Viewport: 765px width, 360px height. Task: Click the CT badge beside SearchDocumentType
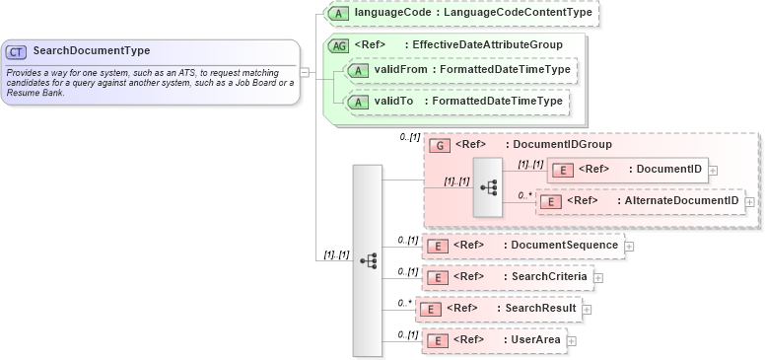[17, 51]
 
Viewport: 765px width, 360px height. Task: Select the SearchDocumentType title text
[92, 51]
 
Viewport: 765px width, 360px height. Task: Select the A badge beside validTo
[360, 102]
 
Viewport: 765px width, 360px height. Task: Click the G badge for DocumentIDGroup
[441, 145]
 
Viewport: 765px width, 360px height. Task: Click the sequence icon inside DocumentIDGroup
[487, 186]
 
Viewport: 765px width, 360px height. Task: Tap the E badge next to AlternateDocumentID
[553, 201]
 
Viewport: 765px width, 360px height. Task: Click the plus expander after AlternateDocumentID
[750, 201]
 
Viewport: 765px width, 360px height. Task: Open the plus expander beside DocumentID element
[713, 171]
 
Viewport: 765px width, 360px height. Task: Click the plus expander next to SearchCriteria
[598, 278]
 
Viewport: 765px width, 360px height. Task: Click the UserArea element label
[535, 340]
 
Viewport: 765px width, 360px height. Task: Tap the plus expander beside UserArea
[571, 341]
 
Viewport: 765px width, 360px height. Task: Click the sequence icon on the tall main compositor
[368, 261]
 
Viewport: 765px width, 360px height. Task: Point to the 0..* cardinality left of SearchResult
[404, 303]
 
